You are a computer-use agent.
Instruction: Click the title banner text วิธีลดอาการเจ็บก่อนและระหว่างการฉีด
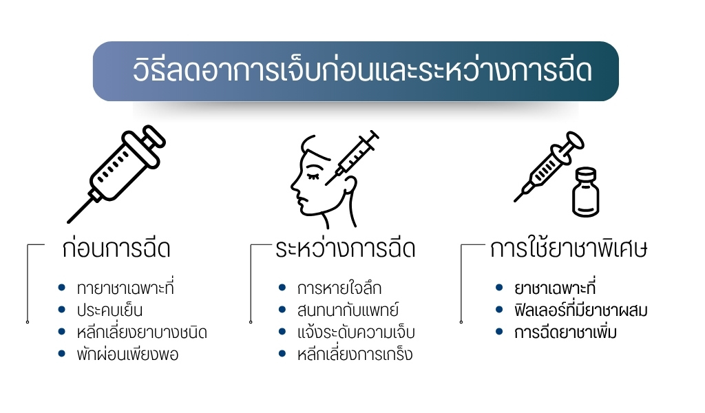pyautogui.click(x=362, y=72)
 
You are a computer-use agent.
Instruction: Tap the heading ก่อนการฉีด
pyautogui.click(x=115, y=249)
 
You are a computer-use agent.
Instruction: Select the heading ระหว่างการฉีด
pyautogui.click(x=344, y=249)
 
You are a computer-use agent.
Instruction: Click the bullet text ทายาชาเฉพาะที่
pyautogui.click(x=125, y=288)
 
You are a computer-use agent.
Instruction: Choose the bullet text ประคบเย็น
pyautogui.click(x=110, y=310)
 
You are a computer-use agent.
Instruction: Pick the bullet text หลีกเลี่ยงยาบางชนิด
pyautogui.click(x=142, y=332)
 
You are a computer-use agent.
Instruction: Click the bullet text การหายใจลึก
pyautogui.click(x=339, y=288)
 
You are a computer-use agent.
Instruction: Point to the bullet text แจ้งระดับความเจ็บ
pyautogui.click(x=357, y=332)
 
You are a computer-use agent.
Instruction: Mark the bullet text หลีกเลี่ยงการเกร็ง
pyautogui.click(x=355, y=355)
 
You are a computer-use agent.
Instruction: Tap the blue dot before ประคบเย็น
pyautogui.click(x=62, y=310)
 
